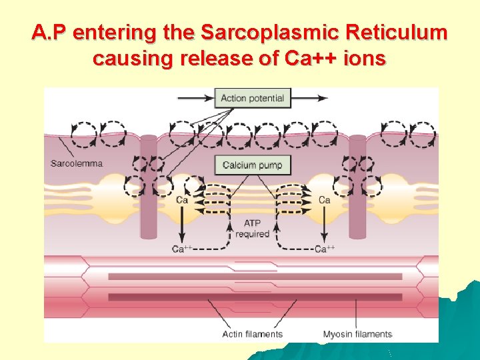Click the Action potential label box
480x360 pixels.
click(252, 98)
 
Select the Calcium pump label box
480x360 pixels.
click(252, 165)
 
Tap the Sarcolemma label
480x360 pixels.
click(76, 163)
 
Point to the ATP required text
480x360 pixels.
click(252, 229)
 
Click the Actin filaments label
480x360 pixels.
click(252, 334)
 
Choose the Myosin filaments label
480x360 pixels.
click(357, 334)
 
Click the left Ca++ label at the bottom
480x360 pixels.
click(182, 249)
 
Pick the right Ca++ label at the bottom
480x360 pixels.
click(325, 249)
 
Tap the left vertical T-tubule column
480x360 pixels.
click(147, 187)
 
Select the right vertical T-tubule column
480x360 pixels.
click(358, 187)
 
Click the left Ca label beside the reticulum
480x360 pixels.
click(181, 199)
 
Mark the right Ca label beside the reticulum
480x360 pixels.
click(325, 199)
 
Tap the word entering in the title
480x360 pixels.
click(119, 33)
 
